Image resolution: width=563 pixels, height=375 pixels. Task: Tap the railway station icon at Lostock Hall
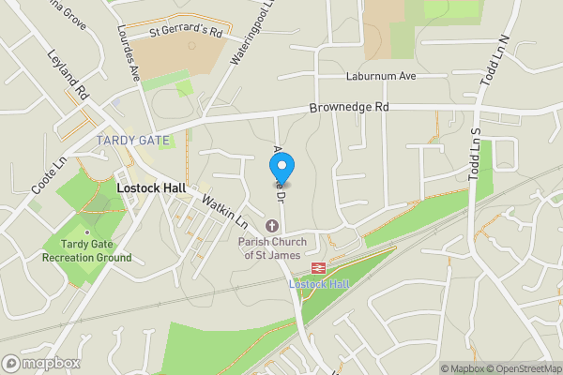[318, 266]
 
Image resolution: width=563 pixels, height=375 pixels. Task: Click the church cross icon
[272, 225]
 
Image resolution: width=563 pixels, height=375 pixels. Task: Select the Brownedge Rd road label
[349, 109]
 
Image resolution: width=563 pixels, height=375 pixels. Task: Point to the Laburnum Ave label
[353, 76]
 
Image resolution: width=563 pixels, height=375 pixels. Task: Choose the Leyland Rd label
[68, 77]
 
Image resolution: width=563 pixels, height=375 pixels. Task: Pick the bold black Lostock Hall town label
[149, 187]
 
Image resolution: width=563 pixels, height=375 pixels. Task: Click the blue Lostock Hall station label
[318, 283]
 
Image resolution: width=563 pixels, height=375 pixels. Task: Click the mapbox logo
[41, 363]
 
